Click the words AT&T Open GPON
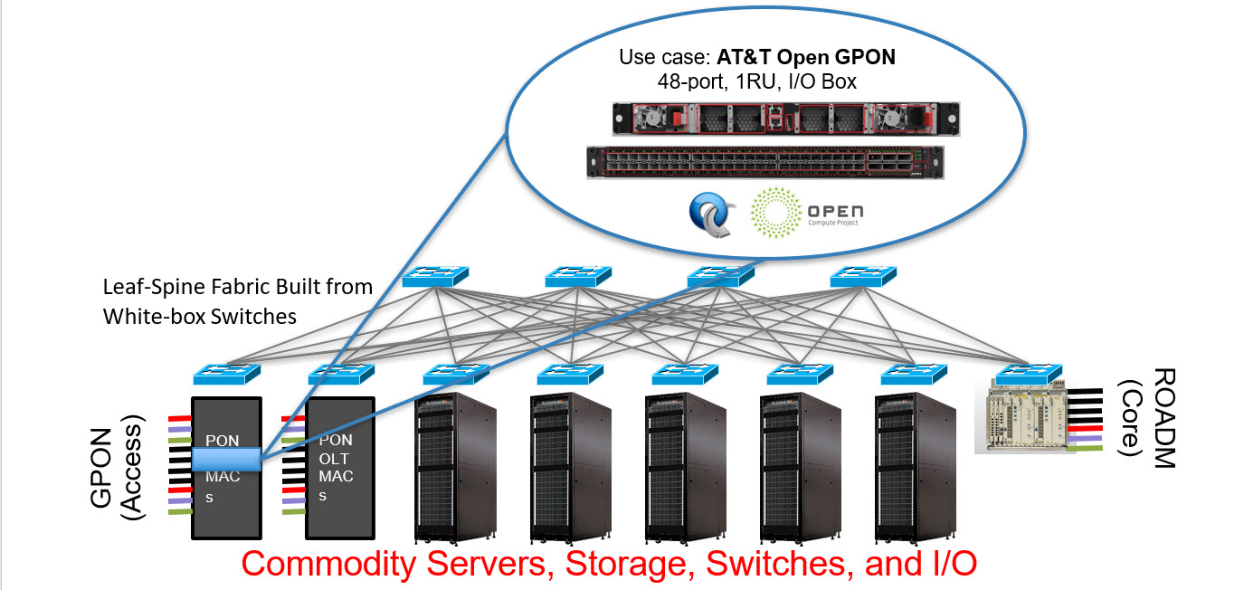point(806,57)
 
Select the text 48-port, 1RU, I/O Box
point(757,81)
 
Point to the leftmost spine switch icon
point(436,276)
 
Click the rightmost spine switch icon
point(863,276)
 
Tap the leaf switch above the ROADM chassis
point(1027,374)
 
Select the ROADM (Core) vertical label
point(1146,418)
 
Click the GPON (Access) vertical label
point(120,468)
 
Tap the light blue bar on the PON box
point(226,459)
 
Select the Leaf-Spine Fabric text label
point(237,301)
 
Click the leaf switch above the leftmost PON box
point(226,374)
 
